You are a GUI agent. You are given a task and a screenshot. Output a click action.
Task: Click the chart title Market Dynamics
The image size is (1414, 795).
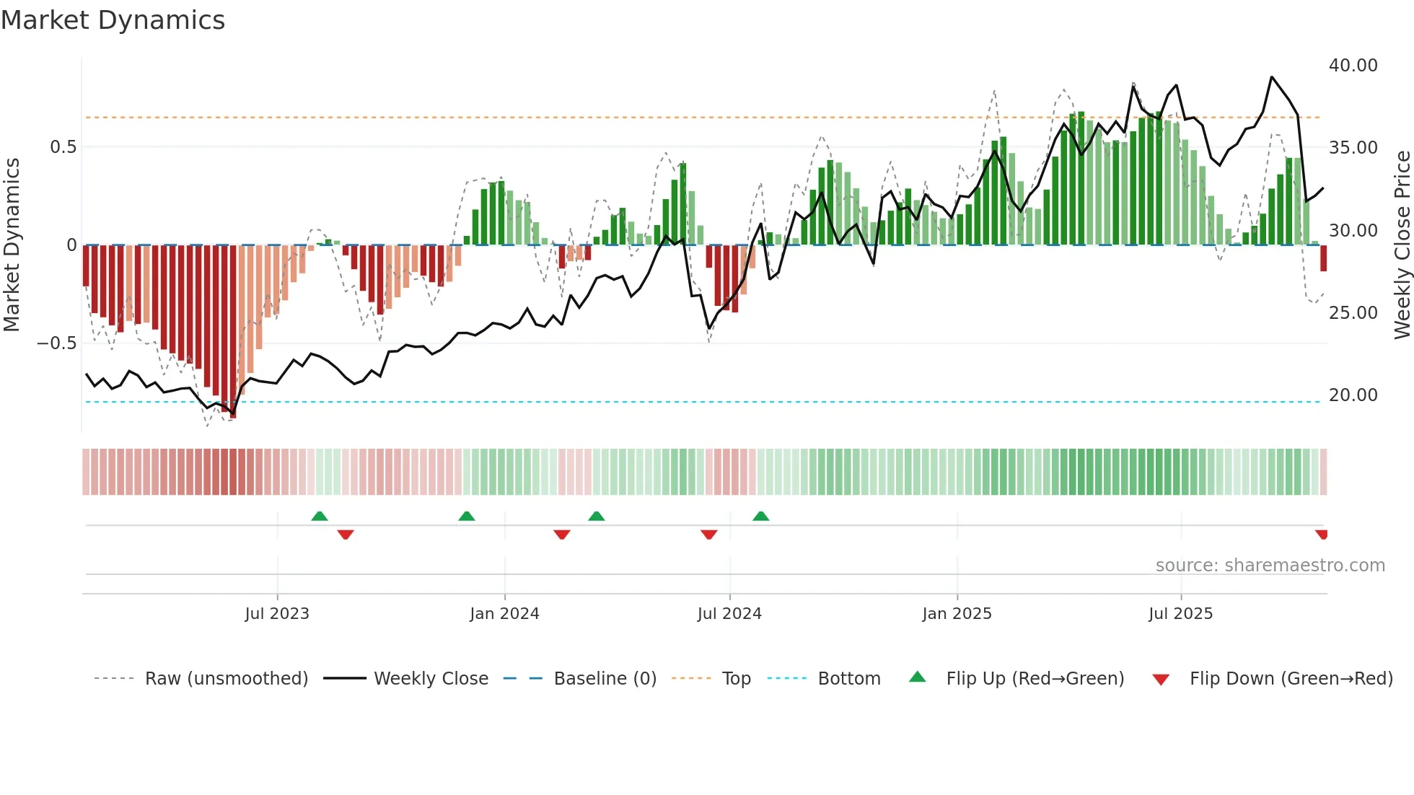113,20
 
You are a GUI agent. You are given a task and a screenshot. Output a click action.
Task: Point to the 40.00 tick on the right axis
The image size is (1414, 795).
1353,66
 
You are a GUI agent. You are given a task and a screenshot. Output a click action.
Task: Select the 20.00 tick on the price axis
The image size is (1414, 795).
1353,395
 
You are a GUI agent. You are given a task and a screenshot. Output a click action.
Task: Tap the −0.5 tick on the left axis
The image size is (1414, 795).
56,343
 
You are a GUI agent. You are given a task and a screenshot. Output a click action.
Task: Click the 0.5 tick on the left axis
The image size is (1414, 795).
63,147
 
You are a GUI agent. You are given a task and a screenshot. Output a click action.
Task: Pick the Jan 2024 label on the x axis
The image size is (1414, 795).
504,614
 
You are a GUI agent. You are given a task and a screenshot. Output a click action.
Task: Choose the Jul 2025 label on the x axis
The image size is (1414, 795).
1180,614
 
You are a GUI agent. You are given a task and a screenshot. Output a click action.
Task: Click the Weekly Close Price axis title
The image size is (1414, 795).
1402,245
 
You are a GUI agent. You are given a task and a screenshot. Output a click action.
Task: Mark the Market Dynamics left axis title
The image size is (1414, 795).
12,245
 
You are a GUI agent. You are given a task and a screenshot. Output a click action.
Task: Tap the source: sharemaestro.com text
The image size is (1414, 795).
1270,566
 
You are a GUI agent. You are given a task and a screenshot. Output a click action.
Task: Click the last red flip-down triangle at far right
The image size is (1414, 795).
1321,535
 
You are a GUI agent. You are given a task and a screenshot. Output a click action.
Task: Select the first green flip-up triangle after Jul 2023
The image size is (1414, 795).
320,516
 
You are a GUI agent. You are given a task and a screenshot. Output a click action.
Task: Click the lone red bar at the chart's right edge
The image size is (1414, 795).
1323,258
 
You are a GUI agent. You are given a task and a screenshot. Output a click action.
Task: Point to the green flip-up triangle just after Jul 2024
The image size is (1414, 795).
760,516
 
